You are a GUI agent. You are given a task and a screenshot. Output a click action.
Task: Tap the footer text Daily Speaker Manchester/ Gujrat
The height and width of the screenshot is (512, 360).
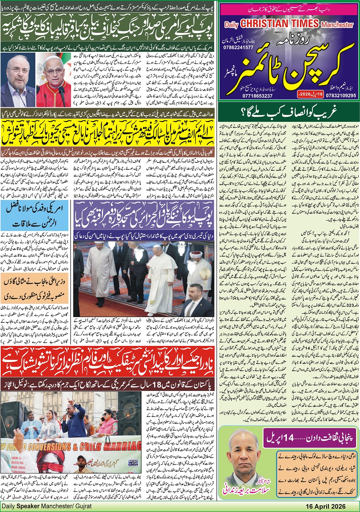tap(47, 506)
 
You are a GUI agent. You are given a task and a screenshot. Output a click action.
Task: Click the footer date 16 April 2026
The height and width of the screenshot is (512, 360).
tap(326, 506)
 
